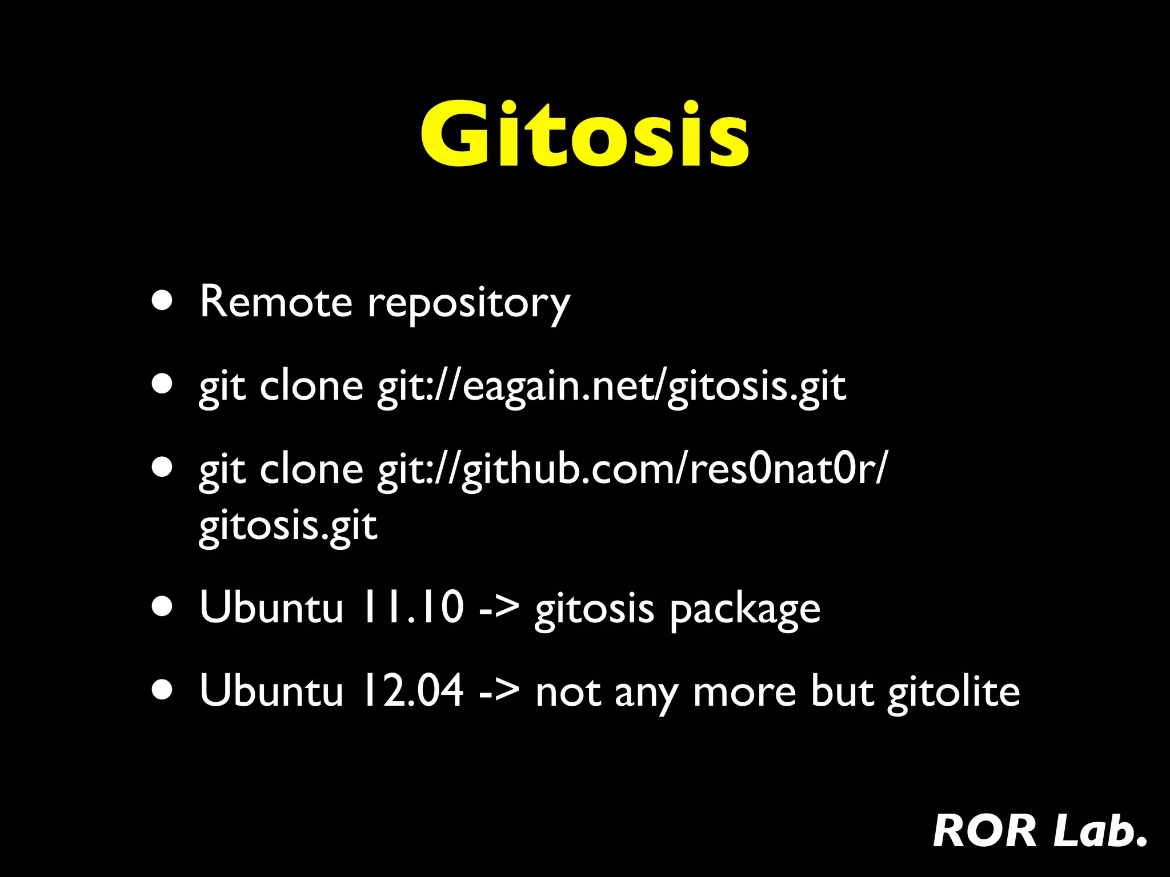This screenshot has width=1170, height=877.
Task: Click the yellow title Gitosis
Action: click(584, 134)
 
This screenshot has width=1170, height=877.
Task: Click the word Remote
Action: click(276, 301)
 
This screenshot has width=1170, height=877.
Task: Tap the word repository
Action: click(468, 303)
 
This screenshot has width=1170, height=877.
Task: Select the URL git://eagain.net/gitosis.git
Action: click(611, 387)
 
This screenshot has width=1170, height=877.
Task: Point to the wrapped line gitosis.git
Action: click(287, 525)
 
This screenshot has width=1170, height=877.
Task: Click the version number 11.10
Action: click(411, 607)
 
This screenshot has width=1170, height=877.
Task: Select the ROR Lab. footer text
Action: click(1039, 831)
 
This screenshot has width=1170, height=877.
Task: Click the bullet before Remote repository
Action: click(162, 301)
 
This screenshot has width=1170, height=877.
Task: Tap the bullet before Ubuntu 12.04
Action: click(162, 689)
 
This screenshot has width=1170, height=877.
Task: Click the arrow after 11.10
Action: click(499, 608)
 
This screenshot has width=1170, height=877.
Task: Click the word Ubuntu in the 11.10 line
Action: click(271, 607)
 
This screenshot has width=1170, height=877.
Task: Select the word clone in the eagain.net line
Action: click(311, 387)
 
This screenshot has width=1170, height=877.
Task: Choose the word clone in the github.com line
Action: click(311, 469)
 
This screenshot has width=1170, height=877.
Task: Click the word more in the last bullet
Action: click(744, 692)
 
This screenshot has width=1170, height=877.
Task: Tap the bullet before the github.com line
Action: click(162, 468)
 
